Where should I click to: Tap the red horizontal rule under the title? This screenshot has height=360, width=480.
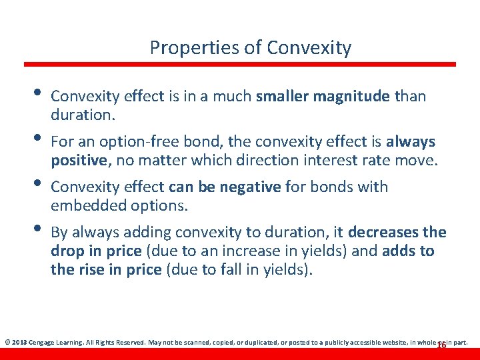(x=240, y=65)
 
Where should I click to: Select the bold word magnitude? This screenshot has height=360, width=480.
(x=357, y=97)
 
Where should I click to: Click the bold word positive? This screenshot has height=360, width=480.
(x=79, y=161)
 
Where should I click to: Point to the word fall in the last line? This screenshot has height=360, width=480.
(x=257, y=270)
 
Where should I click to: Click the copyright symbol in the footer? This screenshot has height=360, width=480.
(x=7, y=342)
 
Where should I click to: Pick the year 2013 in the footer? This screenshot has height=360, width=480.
(x=19, y=342)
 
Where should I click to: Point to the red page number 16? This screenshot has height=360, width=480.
(x=441, y=345)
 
